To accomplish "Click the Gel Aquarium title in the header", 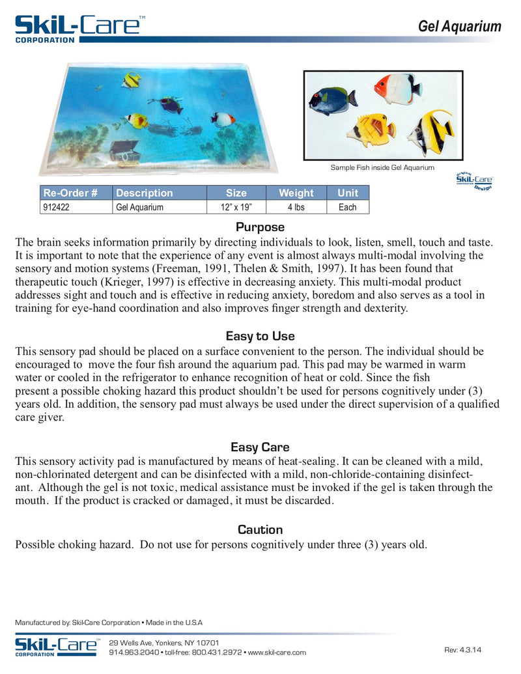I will tap(459, 27).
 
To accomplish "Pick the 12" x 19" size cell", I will tap(236, 207).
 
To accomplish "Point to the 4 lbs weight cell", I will tap(296, 207).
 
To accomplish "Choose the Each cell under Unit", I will tap(348, 207).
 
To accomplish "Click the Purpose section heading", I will tap(260, 227).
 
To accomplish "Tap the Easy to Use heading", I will tap(260, 336).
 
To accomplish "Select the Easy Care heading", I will tap(260, 447).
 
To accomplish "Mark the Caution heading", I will tap(260, 529).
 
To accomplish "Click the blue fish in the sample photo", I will tap(332, 100).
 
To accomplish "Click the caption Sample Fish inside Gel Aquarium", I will tap(382, 168).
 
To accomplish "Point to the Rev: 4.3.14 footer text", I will tap(463, 650).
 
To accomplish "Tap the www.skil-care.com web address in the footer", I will tap(277, 653).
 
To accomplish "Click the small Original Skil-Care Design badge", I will tap(474, 180).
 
